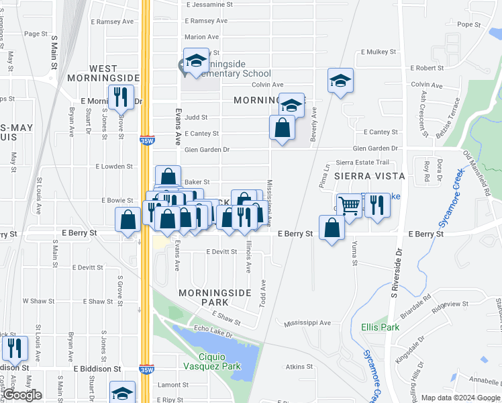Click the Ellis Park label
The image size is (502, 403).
tap(380, 327)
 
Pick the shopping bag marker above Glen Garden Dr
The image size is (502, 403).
tap(282, 127)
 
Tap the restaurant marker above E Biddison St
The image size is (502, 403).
tap(14, 347)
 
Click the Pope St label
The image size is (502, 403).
tap(466, 24)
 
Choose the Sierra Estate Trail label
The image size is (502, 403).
tap(362, 162)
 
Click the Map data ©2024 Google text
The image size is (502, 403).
tap(460, 398)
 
